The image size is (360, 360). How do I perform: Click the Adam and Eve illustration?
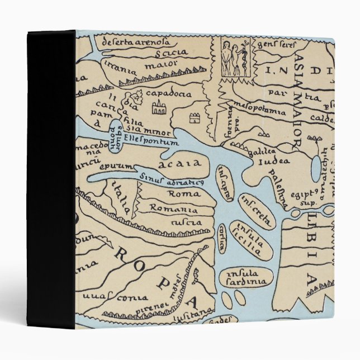(x=235, y=58)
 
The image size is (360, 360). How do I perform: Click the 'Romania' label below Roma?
(x=173, y=209)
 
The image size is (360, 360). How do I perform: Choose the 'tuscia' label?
(x=187, y=222)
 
